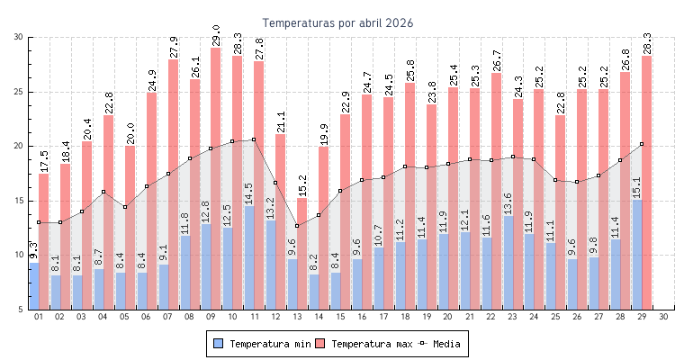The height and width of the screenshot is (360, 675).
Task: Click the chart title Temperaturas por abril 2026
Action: click(x=337, y=22)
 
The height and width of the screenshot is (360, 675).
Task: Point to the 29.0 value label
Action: click(x=216, y=36)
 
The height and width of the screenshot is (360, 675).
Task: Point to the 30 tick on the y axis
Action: click(x=19, y=37)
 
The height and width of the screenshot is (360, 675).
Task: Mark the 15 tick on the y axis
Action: click(x=19, y=201)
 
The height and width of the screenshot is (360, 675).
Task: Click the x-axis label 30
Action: click(x=663, y=317)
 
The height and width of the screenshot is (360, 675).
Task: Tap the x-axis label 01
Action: click(x=39, y=317)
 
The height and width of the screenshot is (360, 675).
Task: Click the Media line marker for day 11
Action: click(x=254, y=139)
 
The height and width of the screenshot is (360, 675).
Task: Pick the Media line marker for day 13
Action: click(x=297, y=225)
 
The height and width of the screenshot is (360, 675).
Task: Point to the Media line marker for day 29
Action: click(x=642, y=144)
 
